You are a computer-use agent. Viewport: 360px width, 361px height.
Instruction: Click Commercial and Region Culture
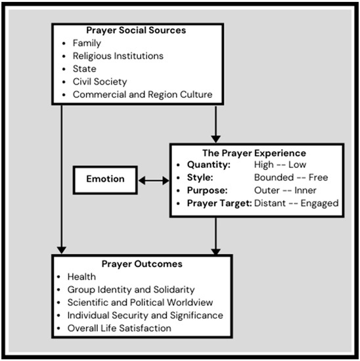click(x=144, y=94)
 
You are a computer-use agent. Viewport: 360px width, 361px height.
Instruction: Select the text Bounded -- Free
click(x=290, y=177)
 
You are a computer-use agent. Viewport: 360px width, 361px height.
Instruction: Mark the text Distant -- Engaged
click(x=296, y=203)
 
